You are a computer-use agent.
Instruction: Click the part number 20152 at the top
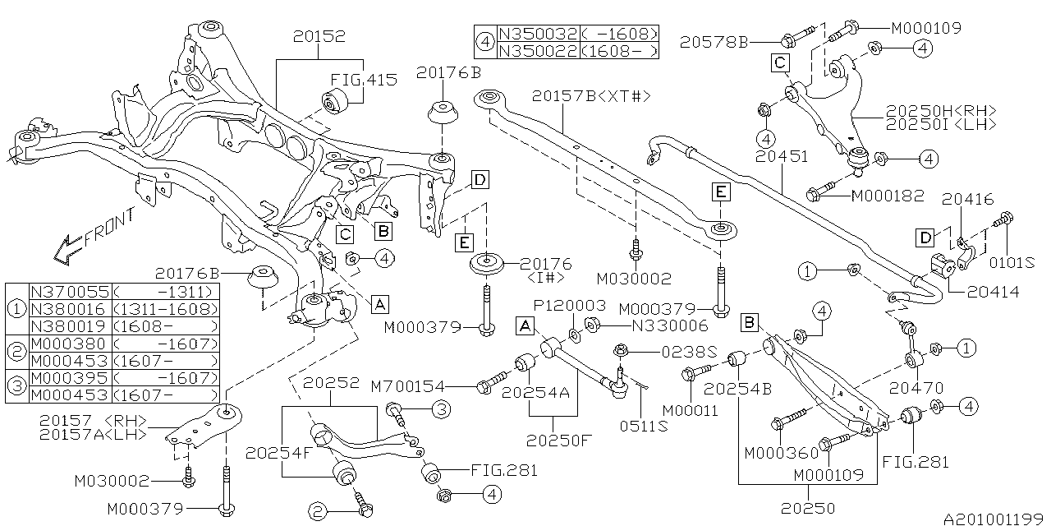tap(318, 37)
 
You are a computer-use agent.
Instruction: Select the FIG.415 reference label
tap(364, 81)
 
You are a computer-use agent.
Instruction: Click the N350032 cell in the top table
tap(538, 35)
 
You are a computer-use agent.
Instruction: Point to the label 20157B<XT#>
tap(590, 96)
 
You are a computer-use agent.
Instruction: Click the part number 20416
tap(967, 199)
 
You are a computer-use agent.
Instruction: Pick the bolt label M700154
tap(419, 385)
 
